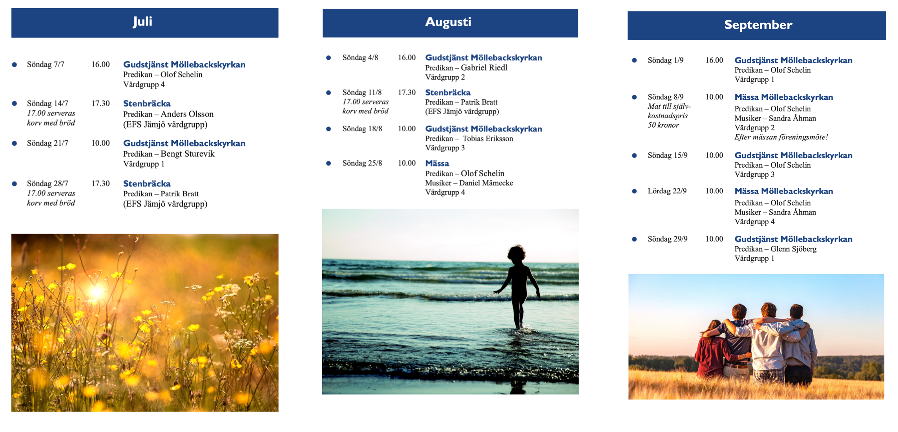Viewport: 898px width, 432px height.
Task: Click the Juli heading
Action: [x=142, y=22]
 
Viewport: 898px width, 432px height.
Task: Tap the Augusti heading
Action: [x=448, y=22]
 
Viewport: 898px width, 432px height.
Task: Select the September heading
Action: [x=758, y=25]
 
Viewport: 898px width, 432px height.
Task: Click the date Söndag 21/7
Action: [x=47, y=143]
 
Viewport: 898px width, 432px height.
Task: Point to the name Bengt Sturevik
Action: [x=188, y=154]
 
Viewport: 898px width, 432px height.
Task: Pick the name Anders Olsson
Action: [x=187, y=114]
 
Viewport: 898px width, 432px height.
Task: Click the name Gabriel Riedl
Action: [x=484, y=68]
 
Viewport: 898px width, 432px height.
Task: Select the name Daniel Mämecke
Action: [x=486, y=183]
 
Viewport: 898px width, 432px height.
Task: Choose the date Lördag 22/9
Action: [x=667, y=191]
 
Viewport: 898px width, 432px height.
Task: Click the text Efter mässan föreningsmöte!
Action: [x=781, y=137]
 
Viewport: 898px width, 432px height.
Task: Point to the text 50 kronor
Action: [x=663, y=125]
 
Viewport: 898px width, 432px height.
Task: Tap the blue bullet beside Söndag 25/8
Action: [x=329, y=163]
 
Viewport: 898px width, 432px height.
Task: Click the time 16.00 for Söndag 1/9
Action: [x=714, y=60]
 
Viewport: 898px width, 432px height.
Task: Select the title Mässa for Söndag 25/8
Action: [x=437, y=163]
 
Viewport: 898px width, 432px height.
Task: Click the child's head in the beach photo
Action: [x=517, y=254]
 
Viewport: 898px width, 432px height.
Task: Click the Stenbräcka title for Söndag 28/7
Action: [x=147, y=184]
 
